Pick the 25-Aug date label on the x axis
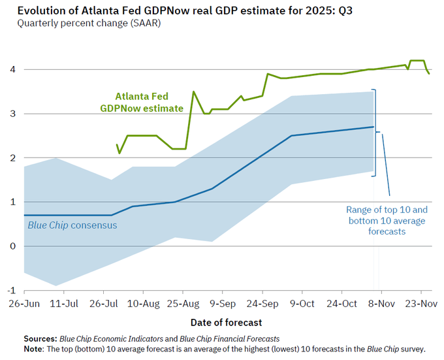(x=183, y=304)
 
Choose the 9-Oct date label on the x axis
(x=302, y=304)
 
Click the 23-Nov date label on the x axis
(x=421, y=304)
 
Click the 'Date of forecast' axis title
(x=226, y=323)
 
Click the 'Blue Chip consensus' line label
(x=72, y=225)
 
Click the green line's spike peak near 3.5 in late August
(x=193, y=91)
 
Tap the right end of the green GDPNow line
(x=429, y=74)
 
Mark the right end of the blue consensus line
(x=373, y=127)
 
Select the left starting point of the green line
(x=117, y=144)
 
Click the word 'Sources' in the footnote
(x=40, y=338)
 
